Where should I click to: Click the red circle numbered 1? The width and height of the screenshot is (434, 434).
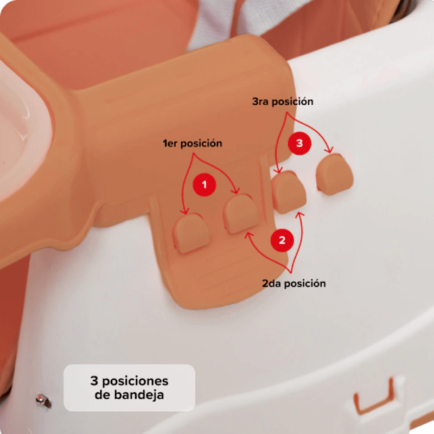point(205,184)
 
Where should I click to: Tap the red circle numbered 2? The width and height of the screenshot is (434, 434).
point(282,240)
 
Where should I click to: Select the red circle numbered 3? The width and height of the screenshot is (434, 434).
point(299,143)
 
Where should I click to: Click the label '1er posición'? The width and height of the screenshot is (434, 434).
point(193,143)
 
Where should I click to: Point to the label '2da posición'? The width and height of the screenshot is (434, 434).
point(293,283)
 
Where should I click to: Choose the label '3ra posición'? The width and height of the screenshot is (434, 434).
point(283,101)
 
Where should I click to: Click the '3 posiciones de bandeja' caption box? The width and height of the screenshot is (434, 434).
point(129,387)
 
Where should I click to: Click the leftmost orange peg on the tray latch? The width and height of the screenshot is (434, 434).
point(191,233)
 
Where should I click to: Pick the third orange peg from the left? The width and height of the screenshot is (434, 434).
point(289,192)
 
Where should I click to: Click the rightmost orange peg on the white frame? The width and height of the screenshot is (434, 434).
point(334,174)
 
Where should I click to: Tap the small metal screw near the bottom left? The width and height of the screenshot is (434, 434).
point(43,400)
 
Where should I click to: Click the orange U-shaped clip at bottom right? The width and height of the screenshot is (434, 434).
point(374,397)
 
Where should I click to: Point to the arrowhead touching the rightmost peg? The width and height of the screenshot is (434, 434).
point(329,150)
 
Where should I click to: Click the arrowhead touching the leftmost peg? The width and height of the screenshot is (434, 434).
point(184,212)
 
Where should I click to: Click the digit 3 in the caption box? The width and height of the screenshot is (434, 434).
point(94,381)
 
